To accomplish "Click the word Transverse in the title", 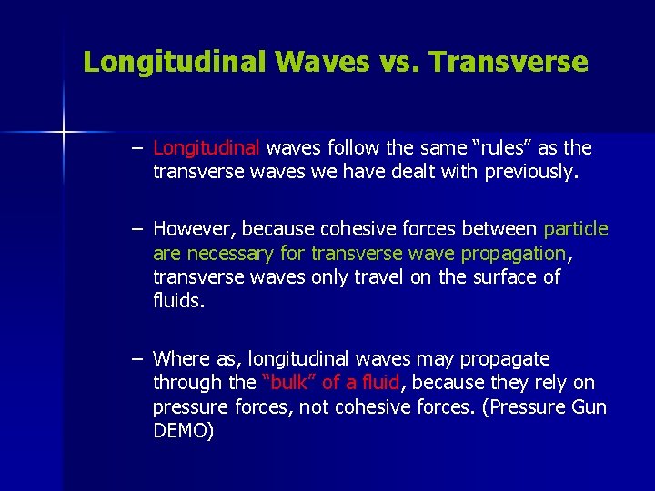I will (x=509, y=62).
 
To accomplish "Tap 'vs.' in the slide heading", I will (x=397, y=62).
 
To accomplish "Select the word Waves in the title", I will (x=313, y=62).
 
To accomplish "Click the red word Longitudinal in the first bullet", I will (x=207, y=147).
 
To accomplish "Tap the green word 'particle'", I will (x=576, y=230).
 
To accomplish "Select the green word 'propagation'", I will (x=513, y=253).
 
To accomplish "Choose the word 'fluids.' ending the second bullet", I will (x=179, y=300).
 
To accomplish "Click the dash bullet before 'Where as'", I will (x=136, y=359).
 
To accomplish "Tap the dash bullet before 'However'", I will (x=136, y=230).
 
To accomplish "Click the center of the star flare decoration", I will (x=64, y=133).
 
